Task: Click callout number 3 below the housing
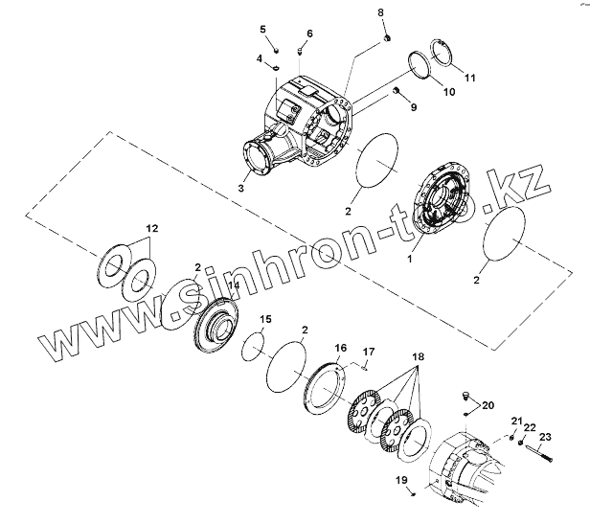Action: coord(240,189)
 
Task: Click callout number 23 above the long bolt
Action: coord(546,437)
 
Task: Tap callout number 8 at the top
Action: coord(380,11)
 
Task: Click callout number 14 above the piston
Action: coord(233,285)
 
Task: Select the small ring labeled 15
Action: coord(253,345)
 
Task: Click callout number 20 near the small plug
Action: coord(489,406)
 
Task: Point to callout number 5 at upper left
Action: coord(263,30)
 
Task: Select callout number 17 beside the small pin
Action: coord(369,352)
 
